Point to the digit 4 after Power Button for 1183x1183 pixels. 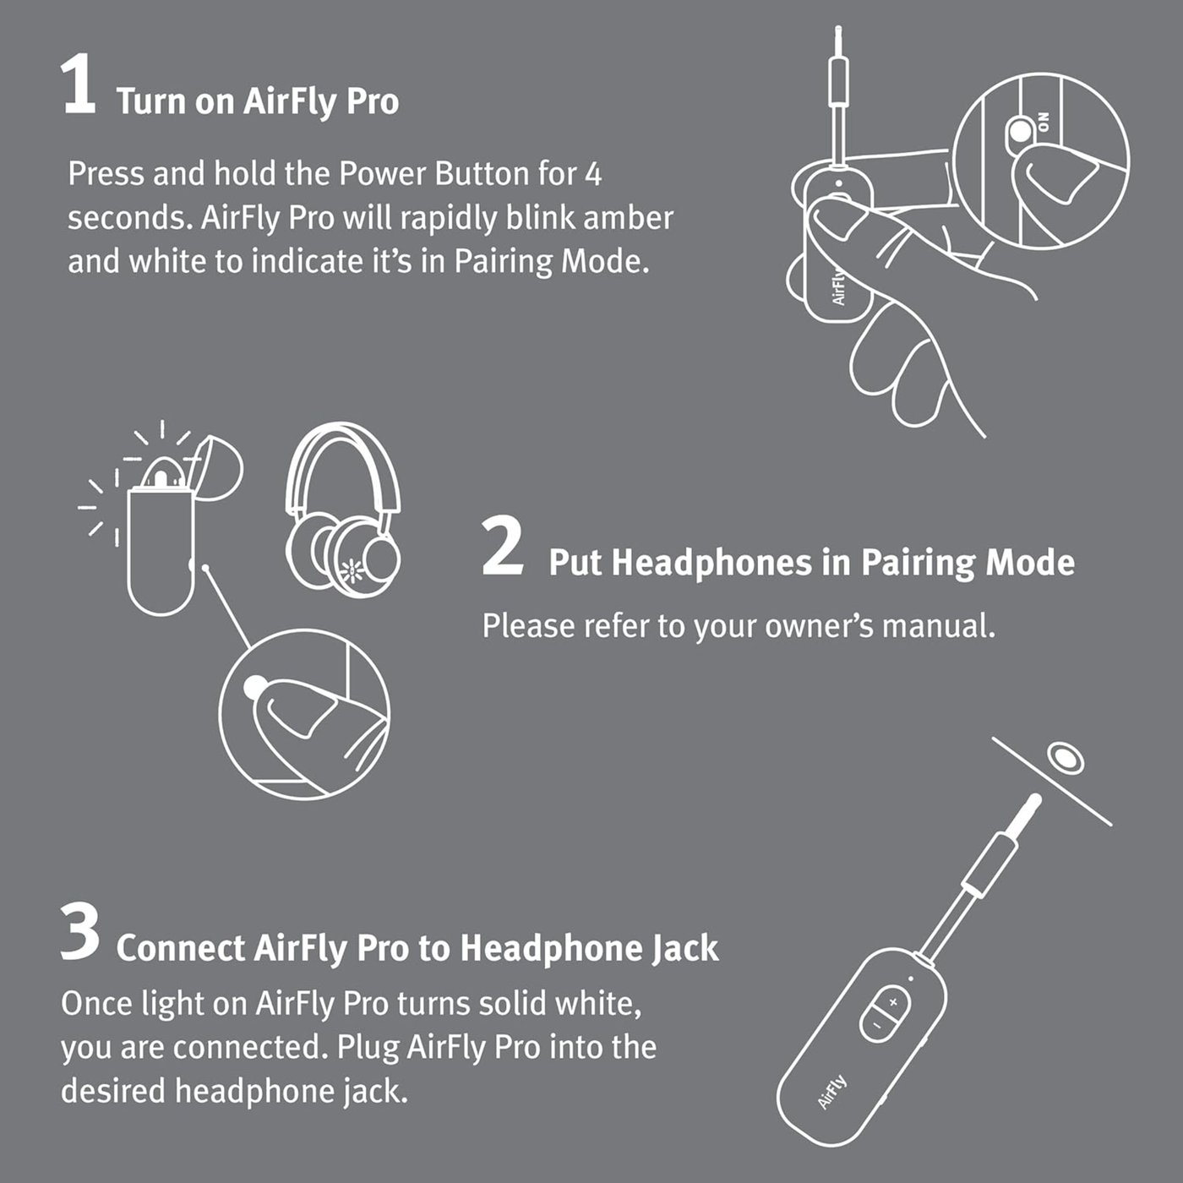pos(593,174)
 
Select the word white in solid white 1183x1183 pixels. pos(597,1004)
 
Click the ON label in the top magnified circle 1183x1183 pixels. pos(1044,122)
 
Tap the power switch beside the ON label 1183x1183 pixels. pos(1021,132)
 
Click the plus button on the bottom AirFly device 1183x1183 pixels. pos(893,1003)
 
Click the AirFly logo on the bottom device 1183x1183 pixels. pos(831,1093)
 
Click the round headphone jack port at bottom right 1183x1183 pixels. pos(1066,757)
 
